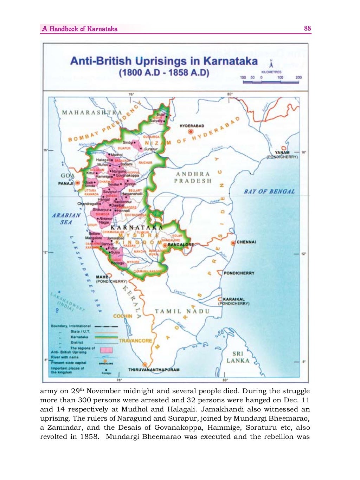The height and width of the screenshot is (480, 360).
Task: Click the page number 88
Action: point(307,28)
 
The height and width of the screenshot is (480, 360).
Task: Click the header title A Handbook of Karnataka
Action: point(79,29)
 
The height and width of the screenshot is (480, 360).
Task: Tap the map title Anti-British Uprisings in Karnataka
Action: point(164,61)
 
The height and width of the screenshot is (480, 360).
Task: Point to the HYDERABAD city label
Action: point(192,126)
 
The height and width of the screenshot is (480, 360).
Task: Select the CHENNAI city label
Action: point(246,242)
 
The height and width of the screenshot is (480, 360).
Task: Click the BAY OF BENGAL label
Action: point(269,192)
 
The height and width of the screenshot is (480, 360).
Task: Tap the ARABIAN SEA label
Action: point(66,219)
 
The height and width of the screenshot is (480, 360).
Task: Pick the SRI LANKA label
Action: point(238,357)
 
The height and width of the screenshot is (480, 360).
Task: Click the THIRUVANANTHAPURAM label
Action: point(154,370)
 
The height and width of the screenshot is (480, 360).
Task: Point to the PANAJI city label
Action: point(66,183)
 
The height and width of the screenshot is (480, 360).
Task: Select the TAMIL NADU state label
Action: point(182,311)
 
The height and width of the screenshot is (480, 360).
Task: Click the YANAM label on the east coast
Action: point(282,153)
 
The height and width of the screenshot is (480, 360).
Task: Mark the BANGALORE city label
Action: point(181,245)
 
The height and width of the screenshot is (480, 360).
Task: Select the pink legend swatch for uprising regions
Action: point(106,350)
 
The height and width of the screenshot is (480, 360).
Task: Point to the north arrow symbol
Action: point(270,65)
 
